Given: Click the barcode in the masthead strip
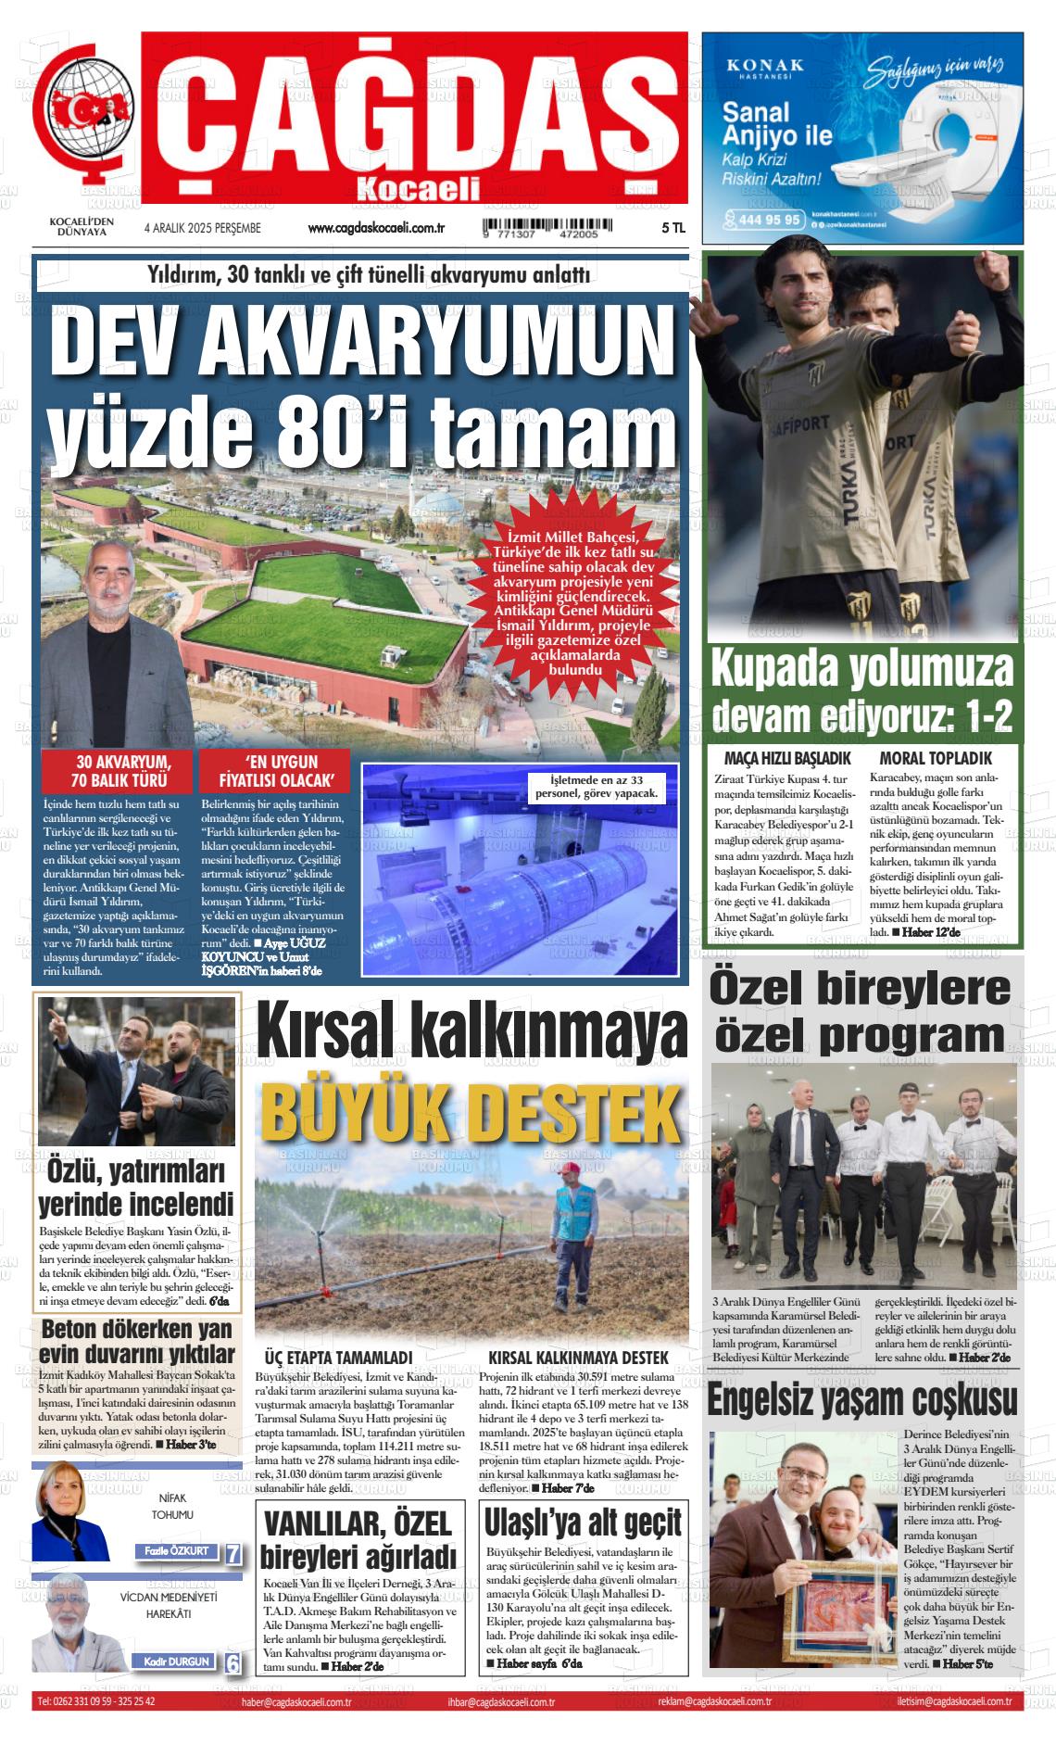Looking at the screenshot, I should pos(541,229).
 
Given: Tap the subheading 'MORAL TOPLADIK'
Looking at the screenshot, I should pos(935,757).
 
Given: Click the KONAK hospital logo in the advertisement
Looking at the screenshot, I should pos(764,69).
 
